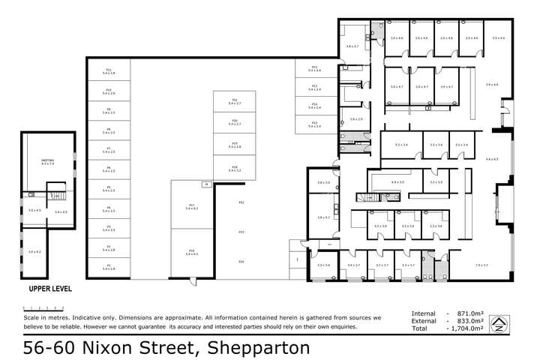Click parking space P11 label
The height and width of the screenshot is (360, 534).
click(108, 70)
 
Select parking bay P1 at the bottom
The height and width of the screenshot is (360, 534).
click(108, 266)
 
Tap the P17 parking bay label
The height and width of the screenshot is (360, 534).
click(192, 206)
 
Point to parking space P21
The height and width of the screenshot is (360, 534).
click(234, 100)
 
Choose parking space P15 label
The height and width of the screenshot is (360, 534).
click(314, 124)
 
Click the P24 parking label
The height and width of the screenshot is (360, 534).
click(241, 261)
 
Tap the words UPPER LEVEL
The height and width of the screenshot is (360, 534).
click(50, 288)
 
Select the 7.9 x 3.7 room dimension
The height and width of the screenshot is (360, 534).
click(481, 265)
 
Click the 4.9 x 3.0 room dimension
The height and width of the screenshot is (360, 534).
click(397, 182)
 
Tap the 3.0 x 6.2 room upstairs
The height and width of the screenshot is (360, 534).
click(34, 252)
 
